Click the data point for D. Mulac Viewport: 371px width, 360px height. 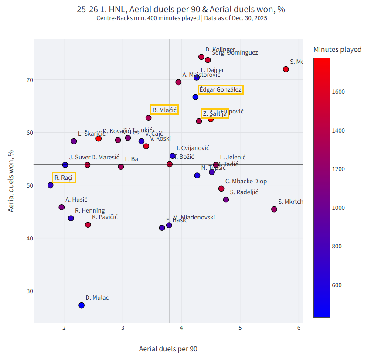click(82, 305)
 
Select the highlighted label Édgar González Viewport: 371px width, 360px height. click(220, 89)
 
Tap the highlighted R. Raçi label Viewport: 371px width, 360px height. click(64, 177)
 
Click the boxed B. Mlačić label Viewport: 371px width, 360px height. click(164, 110)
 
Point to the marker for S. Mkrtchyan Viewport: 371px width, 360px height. click(274, 209)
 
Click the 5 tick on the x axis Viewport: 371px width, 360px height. click(240, 328)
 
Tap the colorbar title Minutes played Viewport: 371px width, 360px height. click(337, 49)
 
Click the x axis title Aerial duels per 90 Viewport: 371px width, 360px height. click(168, 349)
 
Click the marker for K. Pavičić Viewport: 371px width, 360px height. click(88, 225)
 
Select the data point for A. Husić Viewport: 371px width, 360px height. click(61, 207)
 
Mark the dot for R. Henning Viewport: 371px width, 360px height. click(71, 218)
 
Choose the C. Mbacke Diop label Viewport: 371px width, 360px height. click(246, 181)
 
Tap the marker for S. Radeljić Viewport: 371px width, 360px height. click(226, 199)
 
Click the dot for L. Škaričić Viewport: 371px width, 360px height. click(74, 141)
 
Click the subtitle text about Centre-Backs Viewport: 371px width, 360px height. click(182, 18)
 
